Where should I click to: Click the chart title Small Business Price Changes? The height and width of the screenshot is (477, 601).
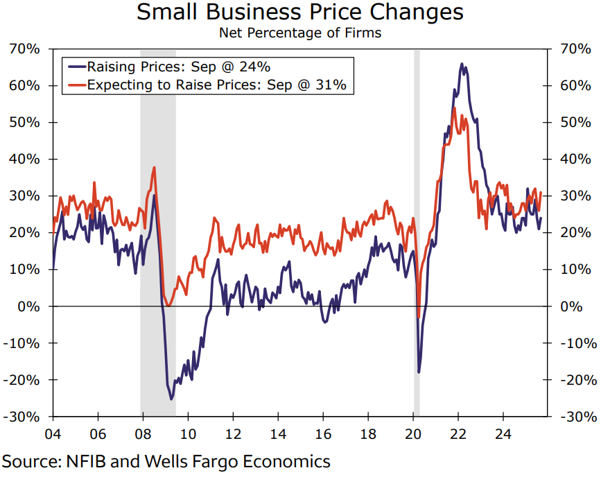coord(299,13)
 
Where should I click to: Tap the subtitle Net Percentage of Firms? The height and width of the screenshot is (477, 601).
coord(299,33)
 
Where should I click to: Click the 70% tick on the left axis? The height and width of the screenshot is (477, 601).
coord(24,49)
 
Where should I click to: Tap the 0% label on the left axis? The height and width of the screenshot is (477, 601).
coord(29,306)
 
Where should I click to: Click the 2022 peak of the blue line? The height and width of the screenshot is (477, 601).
coord(462,64)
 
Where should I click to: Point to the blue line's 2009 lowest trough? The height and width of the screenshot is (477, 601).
coord(171,399)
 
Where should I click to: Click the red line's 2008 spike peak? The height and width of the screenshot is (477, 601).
coord(154,167)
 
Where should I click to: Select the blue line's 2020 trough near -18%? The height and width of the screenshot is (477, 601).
coord(419,372)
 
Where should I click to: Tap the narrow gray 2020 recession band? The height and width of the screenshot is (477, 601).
coord(417,208)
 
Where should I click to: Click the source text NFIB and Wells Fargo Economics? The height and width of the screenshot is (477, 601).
coord(166,461)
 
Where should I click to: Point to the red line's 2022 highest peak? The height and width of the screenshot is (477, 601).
coord(453,108)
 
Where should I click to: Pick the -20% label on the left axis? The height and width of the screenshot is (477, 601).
coord(24,380)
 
